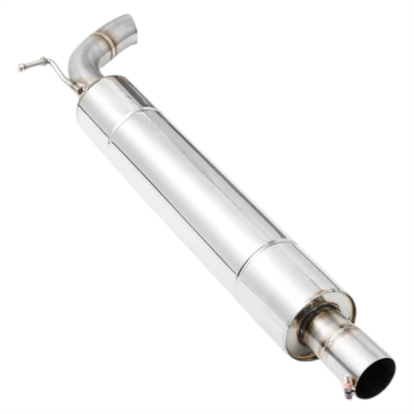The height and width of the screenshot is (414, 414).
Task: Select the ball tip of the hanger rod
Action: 21,67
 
